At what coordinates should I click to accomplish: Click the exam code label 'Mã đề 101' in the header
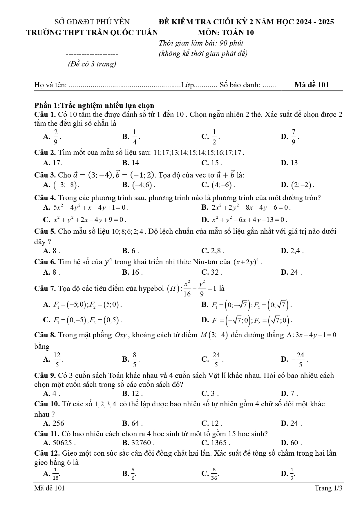312,85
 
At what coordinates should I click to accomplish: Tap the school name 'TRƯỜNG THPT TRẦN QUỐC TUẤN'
92,32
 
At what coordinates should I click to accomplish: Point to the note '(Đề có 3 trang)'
92,64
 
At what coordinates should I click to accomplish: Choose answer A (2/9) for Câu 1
53,137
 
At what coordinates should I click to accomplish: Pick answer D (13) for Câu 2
290,163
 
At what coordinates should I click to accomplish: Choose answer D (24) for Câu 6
291,272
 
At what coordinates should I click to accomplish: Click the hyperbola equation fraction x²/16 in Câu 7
187,289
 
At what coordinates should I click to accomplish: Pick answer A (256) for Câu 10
54,423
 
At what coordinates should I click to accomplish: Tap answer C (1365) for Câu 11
216,443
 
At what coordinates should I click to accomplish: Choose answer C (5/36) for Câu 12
211,474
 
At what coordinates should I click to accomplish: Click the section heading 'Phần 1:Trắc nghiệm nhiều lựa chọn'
94,105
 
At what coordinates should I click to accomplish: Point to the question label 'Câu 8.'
45,335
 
